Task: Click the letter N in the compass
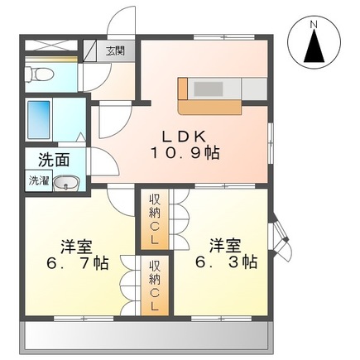(x=314, y=25)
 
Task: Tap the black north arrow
(x=314, y=48)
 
